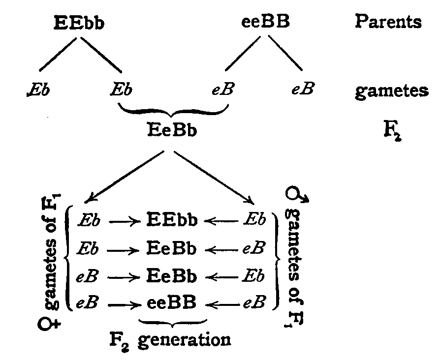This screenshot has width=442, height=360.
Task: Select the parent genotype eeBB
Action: pyautogui.click(x=265, y=23)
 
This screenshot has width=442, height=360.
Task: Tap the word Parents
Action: pyautogui.click(x=388, y=22)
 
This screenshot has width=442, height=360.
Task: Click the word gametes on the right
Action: pyautogui.click(x=391, y=91)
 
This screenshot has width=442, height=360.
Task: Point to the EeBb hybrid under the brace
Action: pyautogui.click(x=172, y=131)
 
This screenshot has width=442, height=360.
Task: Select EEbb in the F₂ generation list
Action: pyautogui.click(x=172, y=220)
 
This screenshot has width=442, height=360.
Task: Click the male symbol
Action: pyautogui.click(x=297, y=197)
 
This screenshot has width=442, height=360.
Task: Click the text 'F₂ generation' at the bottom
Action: pyautogui.click(x=170, y=339)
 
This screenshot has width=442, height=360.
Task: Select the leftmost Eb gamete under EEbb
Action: pyautogui.click(x=37, y=91)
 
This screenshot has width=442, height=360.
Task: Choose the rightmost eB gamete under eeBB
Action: pyautogui.click(x=302, y=91)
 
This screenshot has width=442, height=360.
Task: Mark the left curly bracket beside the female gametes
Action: pyautogui.click(x=68, y=261)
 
